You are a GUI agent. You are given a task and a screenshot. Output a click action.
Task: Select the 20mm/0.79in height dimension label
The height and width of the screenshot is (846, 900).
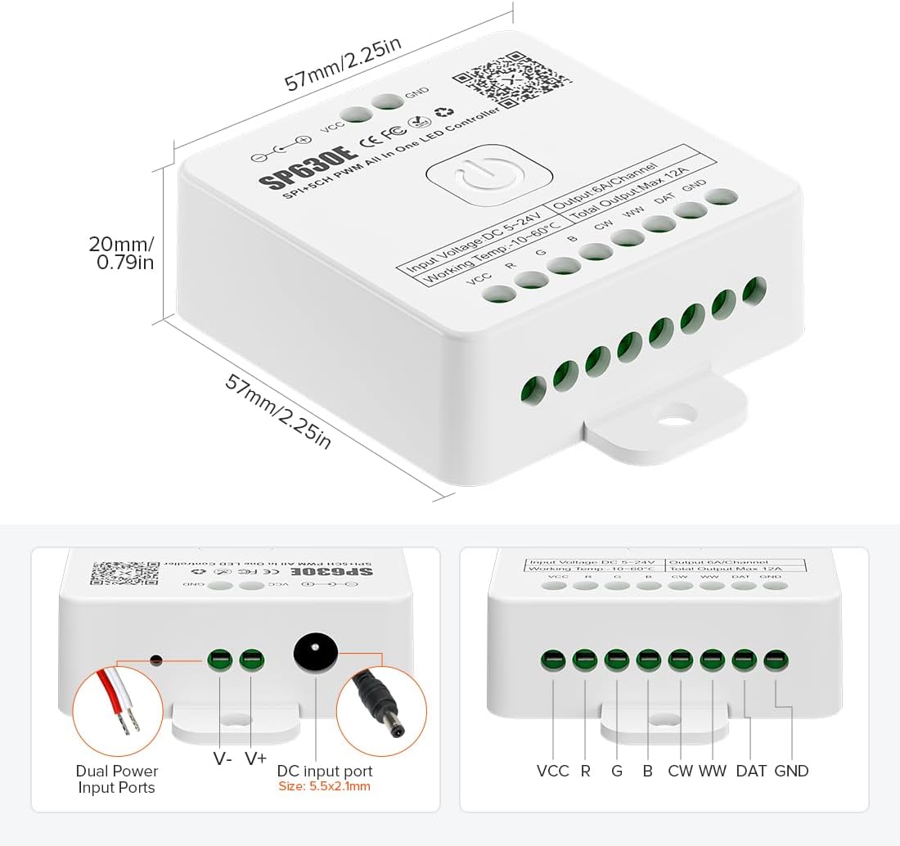tap(122, 253)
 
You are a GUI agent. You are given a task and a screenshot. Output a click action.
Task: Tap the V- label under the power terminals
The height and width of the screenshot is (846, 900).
tap(222, 758)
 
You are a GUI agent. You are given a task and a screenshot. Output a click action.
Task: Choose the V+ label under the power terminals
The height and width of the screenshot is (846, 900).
tap(255, 758)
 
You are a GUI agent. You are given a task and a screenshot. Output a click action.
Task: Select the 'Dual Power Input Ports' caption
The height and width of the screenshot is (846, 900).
tap(117, 779)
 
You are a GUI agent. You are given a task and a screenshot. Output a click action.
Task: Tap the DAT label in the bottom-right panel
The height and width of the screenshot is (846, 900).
tap(751, 771)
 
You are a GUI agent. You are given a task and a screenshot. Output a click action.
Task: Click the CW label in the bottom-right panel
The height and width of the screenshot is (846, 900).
tap(680, 771)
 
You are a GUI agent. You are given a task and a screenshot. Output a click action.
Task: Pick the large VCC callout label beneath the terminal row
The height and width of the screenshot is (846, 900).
tap(553, 771)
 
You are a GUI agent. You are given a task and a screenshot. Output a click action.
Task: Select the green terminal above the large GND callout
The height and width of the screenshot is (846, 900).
tap(775, 659)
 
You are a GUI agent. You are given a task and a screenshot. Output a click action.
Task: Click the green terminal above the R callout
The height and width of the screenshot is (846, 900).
tap(585, 659)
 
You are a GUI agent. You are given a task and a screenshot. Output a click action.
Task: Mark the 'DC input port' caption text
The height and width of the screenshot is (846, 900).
tap(325, 771)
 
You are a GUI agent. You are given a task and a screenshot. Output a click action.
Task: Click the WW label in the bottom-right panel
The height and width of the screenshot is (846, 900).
tap(713, 771)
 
